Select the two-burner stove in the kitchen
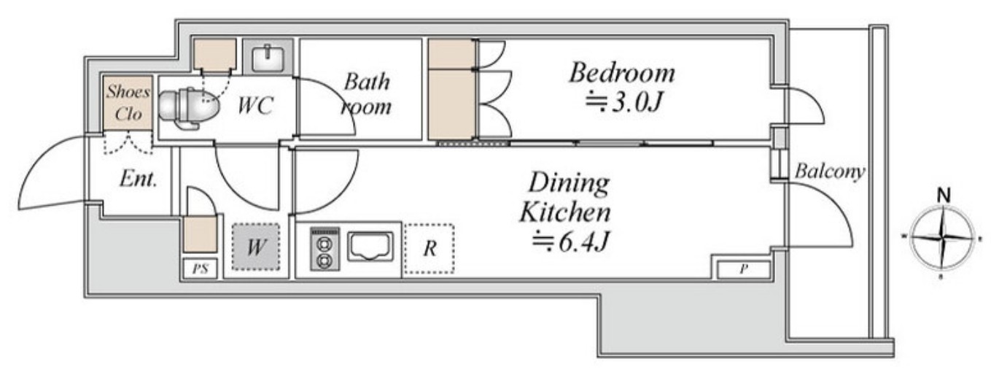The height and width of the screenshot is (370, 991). click(x=325, y=249)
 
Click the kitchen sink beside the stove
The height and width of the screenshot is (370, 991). click(x=370, y=247)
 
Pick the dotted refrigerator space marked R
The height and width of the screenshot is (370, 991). click(x=429, y=248)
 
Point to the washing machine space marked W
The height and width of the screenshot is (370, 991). click(x=256, y=247)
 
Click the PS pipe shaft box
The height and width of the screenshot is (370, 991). click(x=200, y=269)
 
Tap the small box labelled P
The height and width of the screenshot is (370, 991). click(x=744, y=269)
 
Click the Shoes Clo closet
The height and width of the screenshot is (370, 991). click(x=128, y=103)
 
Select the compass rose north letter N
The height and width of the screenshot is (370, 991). click(x=944, y=196)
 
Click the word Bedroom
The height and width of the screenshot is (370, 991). click(x=622, y=73)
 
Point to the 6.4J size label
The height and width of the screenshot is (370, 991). click(x=571, y=242)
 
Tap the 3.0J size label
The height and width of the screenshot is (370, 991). click(x=623, y=101)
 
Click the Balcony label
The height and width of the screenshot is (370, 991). click(x=830, y=171)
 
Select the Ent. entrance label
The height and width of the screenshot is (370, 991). click(x=139, y=180)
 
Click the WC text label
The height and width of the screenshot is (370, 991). click(x=255, y=105)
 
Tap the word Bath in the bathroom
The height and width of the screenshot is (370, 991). click(x=368, y=82)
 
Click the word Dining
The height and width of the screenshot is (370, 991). click(x=570, y=184)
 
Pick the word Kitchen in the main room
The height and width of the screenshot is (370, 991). click(x=565, y=212)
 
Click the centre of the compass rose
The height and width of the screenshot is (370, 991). click(x=942, y=238)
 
